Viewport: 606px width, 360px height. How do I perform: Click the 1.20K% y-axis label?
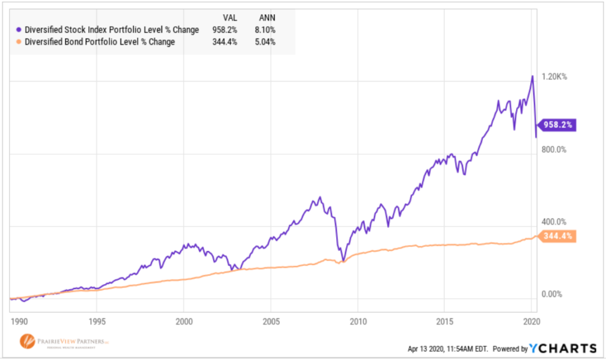tap(555, 77)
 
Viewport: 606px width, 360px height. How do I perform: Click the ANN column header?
tap(267, 18)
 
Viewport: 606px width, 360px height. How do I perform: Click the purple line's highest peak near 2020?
tap(532, 76)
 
